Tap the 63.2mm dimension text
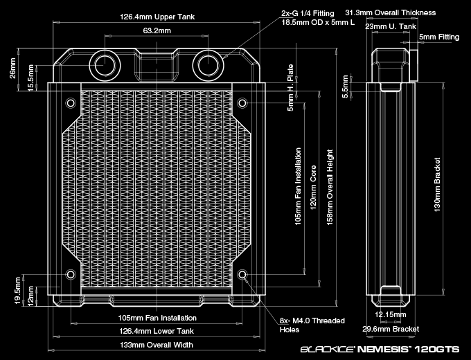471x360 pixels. tap(157, 31)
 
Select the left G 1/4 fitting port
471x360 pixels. tap(105, 64)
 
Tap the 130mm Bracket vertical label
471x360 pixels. tap(437, 188)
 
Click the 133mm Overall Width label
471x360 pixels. tap(156, 344)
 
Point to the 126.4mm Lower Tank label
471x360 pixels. tap(156, 331)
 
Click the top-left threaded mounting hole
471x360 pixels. tap(70, 103)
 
